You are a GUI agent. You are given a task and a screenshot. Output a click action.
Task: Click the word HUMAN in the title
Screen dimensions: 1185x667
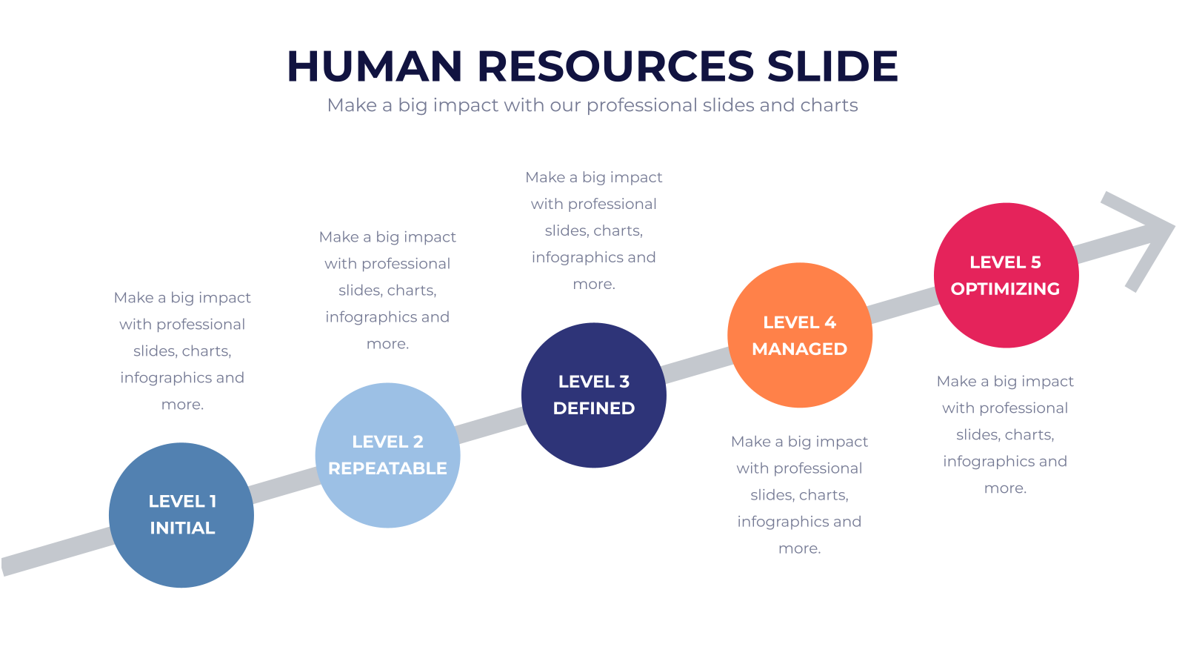(x=375, y=66)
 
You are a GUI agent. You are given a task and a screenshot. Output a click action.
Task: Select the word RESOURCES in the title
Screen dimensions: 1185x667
(x=615, y=66)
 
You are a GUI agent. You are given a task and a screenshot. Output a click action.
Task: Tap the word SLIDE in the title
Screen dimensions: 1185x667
(x=832, y=66)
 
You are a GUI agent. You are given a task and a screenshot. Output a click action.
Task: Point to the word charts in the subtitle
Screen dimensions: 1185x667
(x=829, y=104)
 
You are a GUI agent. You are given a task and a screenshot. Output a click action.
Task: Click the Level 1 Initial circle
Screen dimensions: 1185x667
(x=181, y=515)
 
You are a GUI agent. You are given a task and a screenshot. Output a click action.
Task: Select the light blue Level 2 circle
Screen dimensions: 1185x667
(x=388, y=455)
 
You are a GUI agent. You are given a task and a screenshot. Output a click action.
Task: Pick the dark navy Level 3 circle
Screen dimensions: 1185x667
(x=593, y=395)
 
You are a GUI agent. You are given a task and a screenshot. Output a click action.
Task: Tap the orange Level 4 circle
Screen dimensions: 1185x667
(x=800, y=335)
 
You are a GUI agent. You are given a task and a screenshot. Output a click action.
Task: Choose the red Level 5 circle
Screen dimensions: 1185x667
(x=1007, y=275)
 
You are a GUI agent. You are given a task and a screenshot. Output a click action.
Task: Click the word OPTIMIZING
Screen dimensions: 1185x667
(x=1005, y=289)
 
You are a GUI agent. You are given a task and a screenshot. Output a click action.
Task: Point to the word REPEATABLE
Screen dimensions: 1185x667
(x=388, y=468)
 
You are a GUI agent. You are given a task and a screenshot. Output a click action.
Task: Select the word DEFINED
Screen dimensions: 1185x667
(x=593, y=408)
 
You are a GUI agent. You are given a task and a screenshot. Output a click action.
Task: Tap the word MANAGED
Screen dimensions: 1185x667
(x=799, y=349)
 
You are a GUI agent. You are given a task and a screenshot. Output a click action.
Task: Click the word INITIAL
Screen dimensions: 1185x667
(x=182, y=528)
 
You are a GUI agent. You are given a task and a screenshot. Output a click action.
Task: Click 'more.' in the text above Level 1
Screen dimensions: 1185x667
(x=182, y=405)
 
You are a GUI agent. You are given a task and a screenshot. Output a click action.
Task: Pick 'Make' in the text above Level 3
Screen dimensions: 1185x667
(x=545, y=177)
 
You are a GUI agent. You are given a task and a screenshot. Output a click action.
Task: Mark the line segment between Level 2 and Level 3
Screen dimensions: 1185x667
(x=491, y=425)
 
